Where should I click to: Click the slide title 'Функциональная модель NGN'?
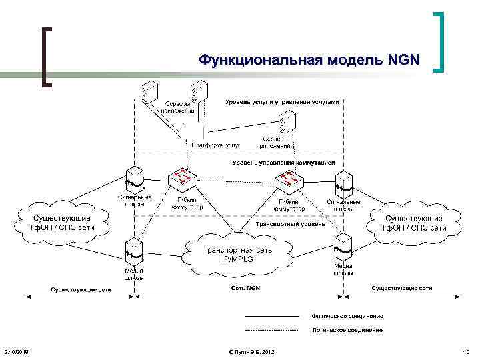pos(309,61)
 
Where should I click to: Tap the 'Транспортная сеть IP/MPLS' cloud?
pos(237,253)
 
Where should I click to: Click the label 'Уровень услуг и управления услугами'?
pos(282,102)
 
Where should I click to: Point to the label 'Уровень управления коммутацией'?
pos(283,163)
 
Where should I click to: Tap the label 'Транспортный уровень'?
pos(291,225)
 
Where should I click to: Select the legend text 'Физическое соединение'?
pos(347,315)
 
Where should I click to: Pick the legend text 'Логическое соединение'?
pos(347,330)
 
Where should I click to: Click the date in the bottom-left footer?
pos(16,351)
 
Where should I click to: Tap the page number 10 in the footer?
pos(465,351)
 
